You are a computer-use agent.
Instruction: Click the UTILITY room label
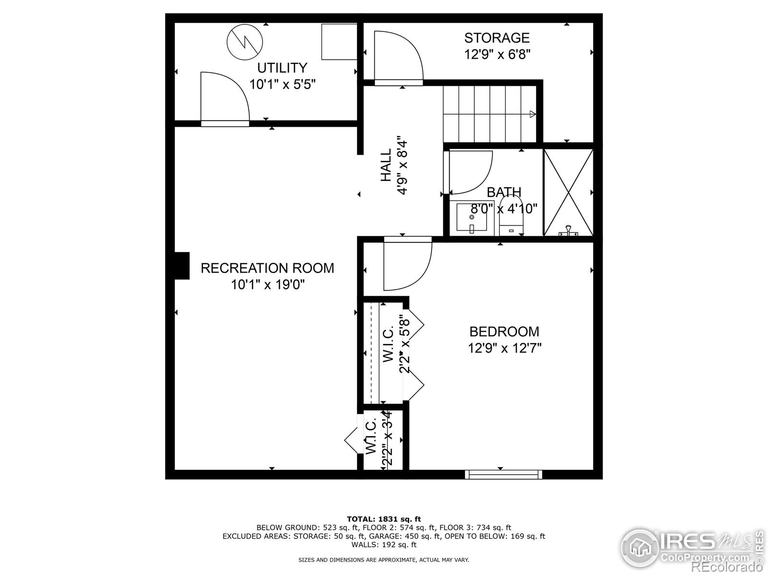click(282, 68)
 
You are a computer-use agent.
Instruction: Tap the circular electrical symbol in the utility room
click(245, 41)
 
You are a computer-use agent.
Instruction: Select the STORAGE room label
click(496, 37)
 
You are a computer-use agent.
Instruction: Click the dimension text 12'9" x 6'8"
click(496, 54)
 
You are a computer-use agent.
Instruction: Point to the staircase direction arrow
click(532, 114)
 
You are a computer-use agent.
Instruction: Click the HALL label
click(386, 165)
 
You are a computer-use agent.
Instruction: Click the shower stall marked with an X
click(568, 192)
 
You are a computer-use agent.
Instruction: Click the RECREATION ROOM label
click(267, 268)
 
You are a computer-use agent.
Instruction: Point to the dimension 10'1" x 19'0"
click(267, 285)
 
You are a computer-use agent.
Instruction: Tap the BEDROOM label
click(504, 332)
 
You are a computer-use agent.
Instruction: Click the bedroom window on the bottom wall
click(504, 474)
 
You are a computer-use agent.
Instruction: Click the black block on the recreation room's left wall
click(181, 265)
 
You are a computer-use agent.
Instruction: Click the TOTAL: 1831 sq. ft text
click(384, 519)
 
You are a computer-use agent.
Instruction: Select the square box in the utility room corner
click(339, 41)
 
